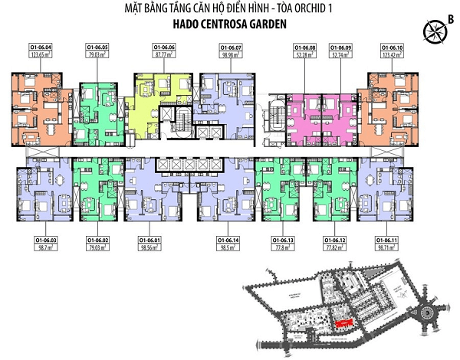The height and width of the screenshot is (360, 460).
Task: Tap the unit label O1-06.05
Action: coord(97,48)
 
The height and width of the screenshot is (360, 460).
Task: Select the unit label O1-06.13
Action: coord(281,241)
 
